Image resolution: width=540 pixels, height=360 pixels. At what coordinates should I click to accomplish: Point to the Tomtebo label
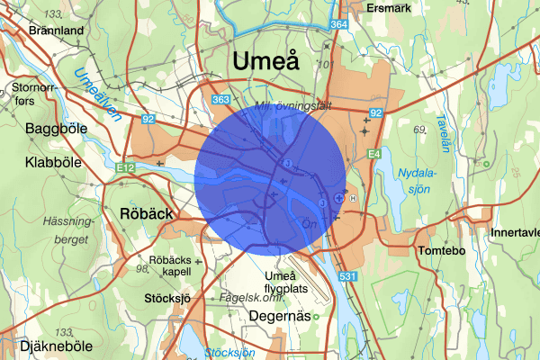(439, 251)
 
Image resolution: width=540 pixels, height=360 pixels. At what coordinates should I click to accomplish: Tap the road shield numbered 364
(338, 25)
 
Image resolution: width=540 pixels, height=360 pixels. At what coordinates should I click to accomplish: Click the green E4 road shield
(373, 155)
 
